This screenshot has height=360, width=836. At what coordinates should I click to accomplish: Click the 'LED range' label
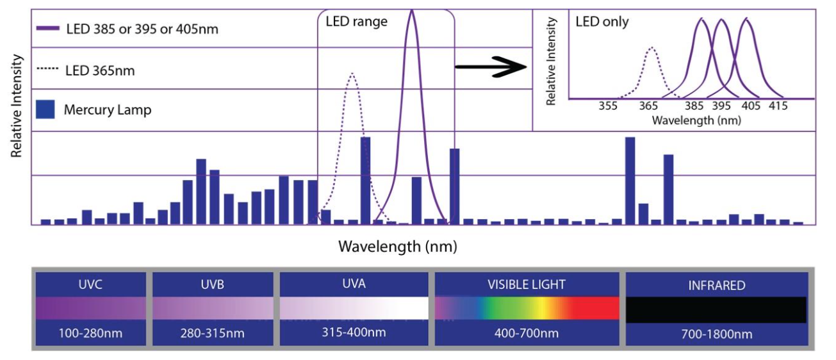[x=356, y=22]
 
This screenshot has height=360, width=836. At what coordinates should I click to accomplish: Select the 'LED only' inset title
[x=602, y=22]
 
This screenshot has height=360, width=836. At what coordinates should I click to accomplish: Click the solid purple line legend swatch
[x=48, y=29]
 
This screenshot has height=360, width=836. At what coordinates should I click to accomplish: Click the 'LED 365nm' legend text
[x=100, y=70]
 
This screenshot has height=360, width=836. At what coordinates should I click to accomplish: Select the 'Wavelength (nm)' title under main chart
[x=397, y=246]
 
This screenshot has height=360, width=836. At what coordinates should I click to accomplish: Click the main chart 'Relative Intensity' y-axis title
[x=17, y=106]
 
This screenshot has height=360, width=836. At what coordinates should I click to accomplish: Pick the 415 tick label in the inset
[x=778, y=106]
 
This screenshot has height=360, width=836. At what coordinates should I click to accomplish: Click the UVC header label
[x=91, y=285]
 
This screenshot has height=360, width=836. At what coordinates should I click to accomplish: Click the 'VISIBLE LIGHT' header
[x=527, y=284]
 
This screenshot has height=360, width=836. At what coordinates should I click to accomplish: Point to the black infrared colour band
[x=716, y=309]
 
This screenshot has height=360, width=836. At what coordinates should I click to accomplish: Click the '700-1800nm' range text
[x=716, y=334]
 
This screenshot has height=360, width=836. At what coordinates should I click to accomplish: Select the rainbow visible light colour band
[x=527, y=308]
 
